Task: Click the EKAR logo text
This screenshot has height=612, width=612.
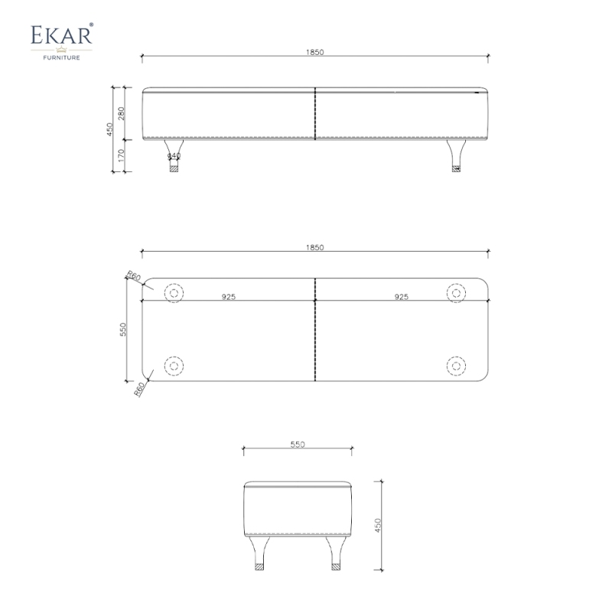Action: (62, 36)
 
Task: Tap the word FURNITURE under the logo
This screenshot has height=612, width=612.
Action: (62, 56)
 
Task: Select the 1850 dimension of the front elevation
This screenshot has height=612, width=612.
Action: (315, 52)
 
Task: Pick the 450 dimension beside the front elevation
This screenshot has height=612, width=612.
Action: (110, 130)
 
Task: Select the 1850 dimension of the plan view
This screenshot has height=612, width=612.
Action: (315, 248)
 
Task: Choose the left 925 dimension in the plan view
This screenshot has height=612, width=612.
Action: (228, 296)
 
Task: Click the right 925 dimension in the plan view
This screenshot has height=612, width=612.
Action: (402, 296)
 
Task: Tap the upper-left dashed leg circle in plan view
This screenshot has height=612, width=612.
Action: (174, 292)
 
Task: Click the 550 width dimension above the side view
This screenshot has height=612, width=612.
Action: (298, 444)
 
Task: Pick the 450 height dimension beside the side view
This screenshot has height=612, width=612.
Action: (377, 526)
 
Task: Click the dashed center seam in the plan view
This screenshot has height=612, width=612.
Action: (315, 337)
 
